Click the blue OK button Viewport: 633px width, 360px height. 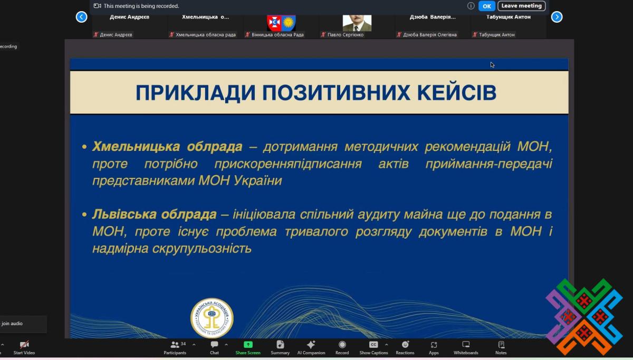point(486,6)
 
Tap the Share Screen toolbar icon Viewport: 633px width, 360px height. point(248,345)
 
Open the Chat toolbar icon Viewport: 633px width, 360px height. point(214,345)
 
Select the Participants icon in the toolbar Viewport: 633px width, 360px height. point(175,345)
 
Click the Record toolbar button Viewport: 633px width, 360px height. point(342,345)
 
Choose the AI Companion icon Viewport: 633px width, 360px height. point(311,345)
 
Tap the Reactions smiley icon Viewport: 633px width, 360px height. point(405,345)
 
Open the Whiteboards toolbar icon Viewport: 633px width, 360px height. point(466,345)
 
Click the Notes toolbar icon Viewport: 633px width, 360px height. point(501,345)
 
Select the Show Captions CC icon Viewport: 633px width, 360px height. point(373,345)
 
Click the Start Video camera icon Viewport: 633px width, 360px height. point(24,345)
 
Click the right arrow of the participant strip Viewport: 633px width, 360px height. point(557,17)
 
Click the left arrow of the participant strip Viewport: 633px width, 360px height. point(81,17)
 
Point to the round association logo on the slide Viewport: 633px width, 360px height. point(212,318)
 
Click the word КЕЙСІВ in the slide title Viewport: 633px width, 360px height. point(457,92)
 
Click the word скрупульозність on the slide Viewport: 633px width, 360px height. point(202,249)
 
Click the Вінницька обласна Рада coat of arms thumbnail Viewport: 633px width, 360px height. point(281,23)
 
